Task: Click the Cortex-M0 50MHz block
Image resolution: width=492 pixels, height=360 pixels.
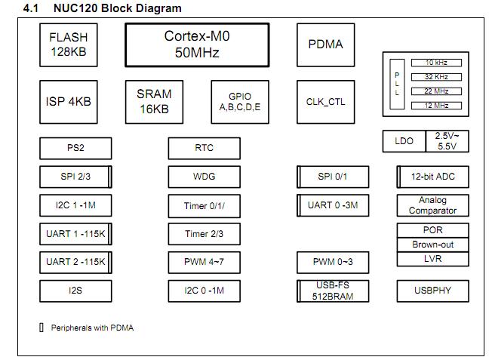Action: coord(197,45)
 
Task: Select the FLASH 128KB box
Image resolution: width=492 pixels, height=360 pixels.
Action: coord(68,45)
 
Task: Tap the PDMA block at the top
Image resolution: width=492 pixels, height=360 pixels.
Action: coord(325,45)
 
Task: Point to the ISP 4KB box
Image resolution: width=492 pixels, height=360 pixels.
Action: coord(68,101)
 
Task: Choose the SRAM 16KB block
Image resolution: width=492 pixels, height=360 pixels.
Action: coord(153,101)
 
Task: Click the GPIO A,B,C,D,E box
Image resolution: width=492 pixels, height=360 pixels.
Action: coord(239,101)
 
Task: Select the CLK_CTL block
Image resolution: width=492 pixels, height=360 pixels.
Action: coord(325,101)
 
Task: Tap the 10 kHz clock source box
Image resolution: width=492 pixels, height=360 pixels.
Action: coord(435,63)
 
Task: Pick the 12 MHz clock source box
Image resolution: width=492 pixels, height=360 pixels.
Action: coord(435,105)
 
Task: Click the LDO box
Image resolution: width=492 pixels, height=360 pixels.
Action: coord(404,141)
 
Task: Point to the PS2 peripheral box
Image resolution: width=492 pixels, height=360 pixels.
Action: coord(75,148)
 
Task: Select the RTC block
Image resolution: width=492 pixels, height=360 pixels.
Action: coord(204,148)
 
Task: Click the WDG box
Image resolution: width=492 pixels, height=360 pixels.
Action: coord(204,177)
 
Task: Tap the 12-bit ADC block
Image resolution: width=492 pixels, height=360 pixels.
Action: coord(432,177)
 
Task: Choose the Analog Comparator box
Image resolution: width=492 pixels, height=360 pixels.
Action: coord(432,205)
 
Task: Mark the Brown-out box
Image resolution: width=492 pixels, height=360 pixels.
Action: coord(432,245)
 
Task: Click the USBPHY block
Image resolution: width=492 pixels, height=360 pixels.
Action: coord(432,291)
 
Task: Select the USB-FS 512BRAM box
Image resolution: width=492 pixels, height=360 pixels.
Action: coord(333,291)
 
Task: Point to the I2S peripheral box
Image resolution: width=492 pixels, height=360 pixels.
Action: coord(75,291)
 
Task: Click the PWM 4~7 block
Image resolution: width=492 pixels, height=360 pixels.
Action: coord(204,263)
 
